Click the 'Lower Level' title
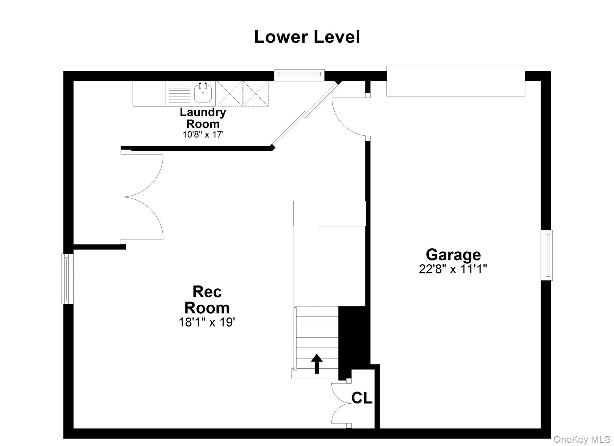pos(307,37)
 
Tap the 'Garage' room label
pos(453,255)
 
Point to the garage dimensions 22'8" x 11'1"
pos(453,269)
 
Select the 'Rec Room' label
pos(207,300)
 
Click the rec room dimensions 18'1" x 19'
pos(207,322)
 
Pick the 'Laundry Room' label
pos(203,118)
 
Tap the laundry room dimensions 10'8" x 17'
pos(203,134)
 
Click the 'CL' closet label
pos(362,398)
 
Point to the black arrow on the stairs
pos(317,364)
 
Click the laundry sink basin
pos(203,93)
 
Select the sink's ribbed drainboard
pos(180,93)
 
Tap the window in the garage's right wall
pos(547,255)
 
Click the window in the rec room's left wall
pos(67,279)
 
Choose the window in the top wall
pos(299,75)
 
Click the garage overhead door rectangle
pos(456,81)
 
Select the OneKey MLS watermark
pos(582,439)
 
